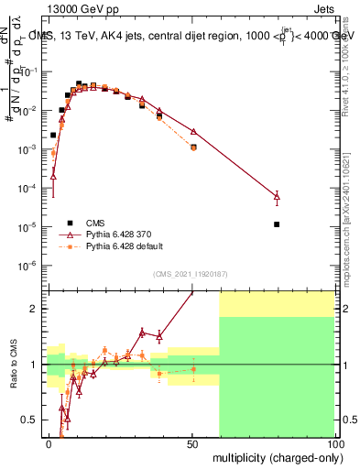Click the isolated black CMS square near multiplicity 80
[x=277, y=224]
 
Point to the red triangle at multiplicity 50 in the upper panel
[x=193, y=131]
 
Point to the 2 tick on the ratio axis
[x=38, y=309]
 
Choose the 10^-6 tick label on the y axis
[x=29, y=266]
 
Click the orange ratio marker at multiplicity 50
[x=193, y=369]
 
